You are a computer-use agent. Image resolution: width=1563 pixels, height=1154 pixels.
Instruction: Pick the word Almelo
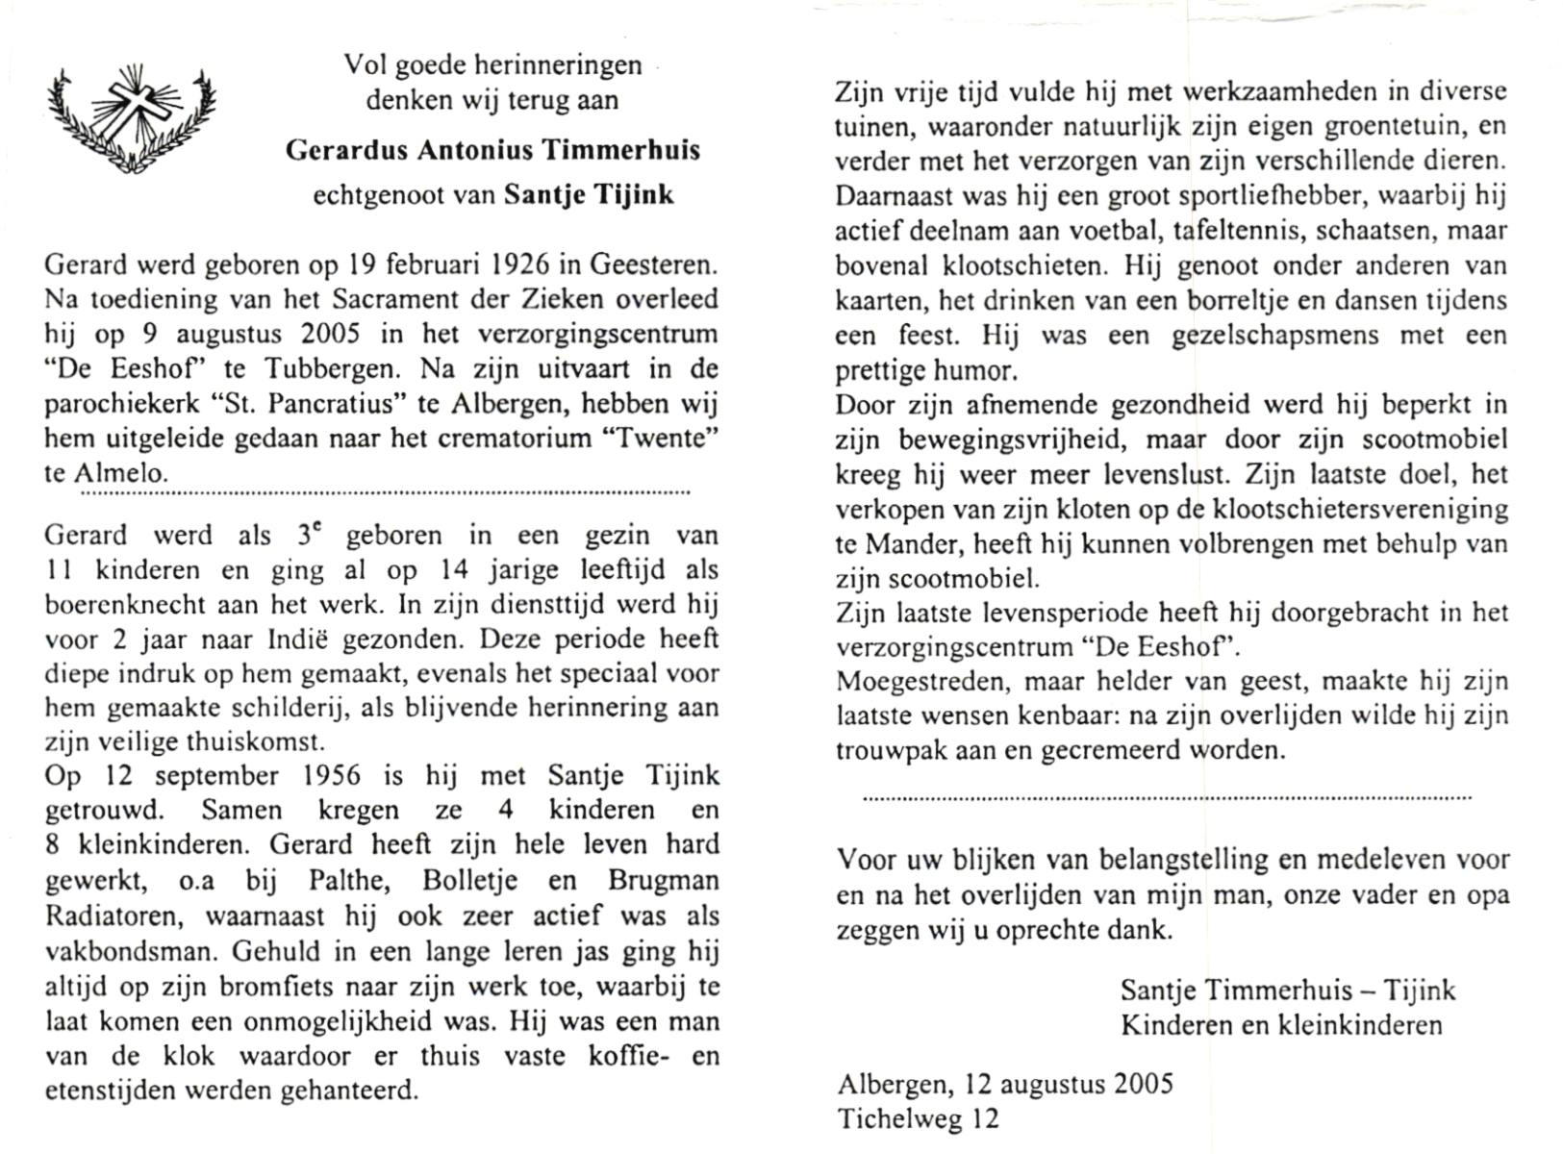click(120, 473)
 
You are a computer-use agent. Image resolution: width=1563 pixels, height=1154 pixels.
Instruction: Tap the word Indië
click(329, 640)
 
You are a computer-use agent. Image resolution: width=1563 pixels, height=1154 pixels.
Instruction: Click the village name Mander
click(899, 544)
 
